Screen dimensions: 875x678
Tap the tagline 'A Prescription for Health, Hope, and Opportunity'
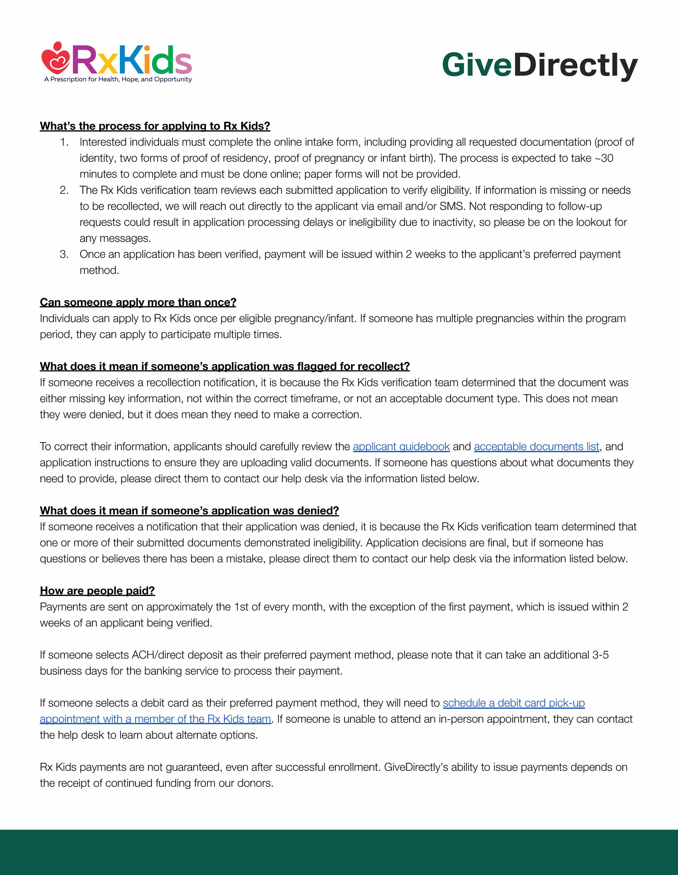coord(118,79)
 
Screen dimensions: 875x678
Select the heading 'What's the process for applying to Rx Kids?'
coord(155,126)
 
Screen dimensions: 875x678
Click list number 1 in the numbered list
coord(64,142)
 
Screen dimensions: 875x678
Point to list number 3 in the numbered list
coord(64,254)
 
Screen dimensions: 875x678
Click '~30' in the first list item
coord(604,158)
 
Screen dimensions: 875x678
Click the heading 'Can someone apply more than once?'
coord(138,303)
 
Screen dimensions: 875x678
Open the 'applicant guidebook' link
coord(401,447)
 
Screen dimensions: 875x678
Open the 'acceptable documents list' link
coord(536,447)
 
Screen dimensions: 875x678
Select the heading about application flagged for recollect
coord(225,366)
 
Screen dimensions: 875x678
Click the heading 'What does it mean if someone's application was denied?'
coord(189,511)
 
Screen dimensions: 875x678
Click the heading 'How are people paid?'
coord(97,591)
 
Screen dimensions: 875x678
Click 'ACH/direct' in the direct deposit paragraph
coord(153,655)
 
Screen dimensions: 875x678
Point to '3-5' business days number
coord(600,655)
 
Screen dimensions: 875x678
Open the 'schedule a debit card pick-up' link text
coord(514,703)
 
